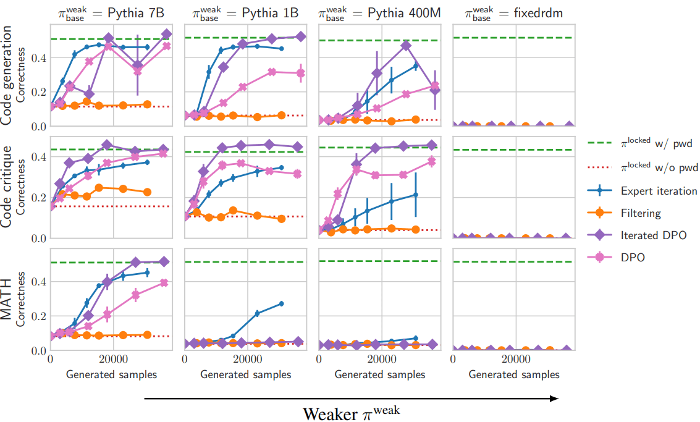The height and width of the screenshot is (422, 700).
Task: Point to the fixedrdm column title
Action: [x=513, y=14]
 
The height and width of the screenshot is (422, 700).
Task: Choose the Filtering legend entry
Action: [x=641, y=213]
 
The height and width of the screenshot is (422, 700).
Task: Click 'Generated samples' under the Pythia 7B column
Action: [x=111, y=374]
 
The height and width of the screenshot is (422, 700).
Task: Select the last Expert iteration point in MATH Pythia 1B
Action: [x=281, y=303]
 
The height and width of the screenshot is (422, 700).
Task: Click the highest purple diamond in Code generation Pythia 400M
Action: [x=406, y=45]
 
